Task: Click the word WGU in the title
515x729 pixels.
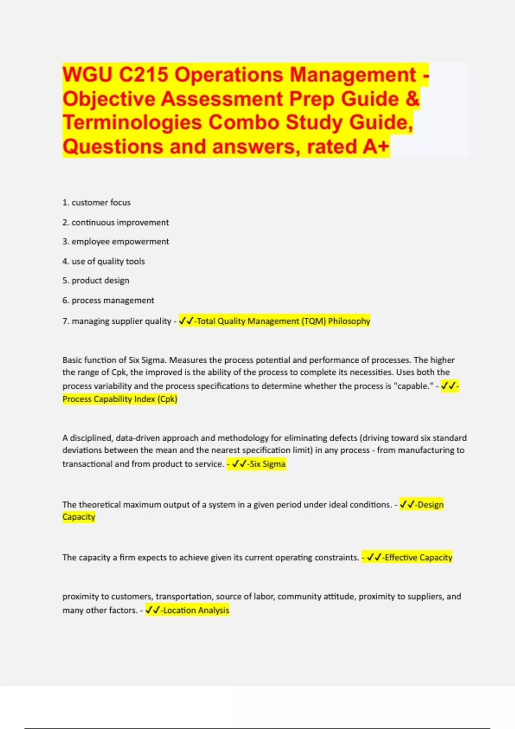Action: click(88, 75)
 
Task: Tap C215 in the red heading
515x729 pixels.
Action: click(143, 75)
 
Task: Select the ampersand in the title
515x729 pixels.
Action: click(412, 99)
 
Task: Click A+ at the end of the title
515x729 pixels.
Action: click(376, 147)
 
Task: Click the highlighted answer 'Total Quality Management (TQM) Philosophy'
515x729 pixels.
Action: click(283, 321)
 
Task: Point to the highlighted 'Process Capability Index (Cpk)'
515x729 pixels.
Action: click(120, 399)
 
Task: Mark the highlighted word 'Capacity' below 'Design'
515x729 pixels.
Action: click(79, 517)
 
